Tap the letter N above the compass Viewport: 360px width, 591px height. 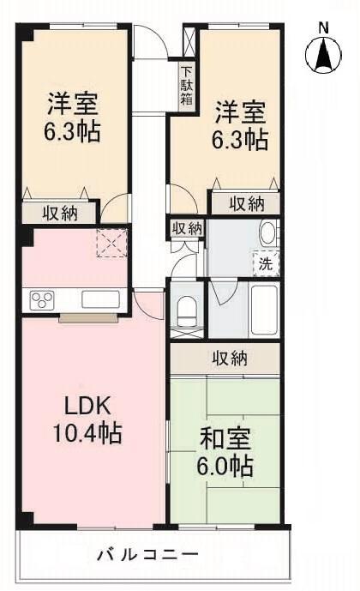[x=323, y=27]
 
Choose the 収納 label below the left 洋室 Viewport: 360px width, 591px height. [x=61, y=214]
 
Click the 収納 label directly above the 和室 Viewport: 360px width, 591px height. [x=225, y=359]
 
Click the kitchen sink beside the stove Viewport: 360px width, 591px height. [x=100, y=300]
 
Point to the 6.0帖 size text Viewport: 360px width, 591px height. [x=225, y=468]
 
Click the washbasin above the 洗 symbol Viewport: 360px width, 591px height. [x=267, y=234]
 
